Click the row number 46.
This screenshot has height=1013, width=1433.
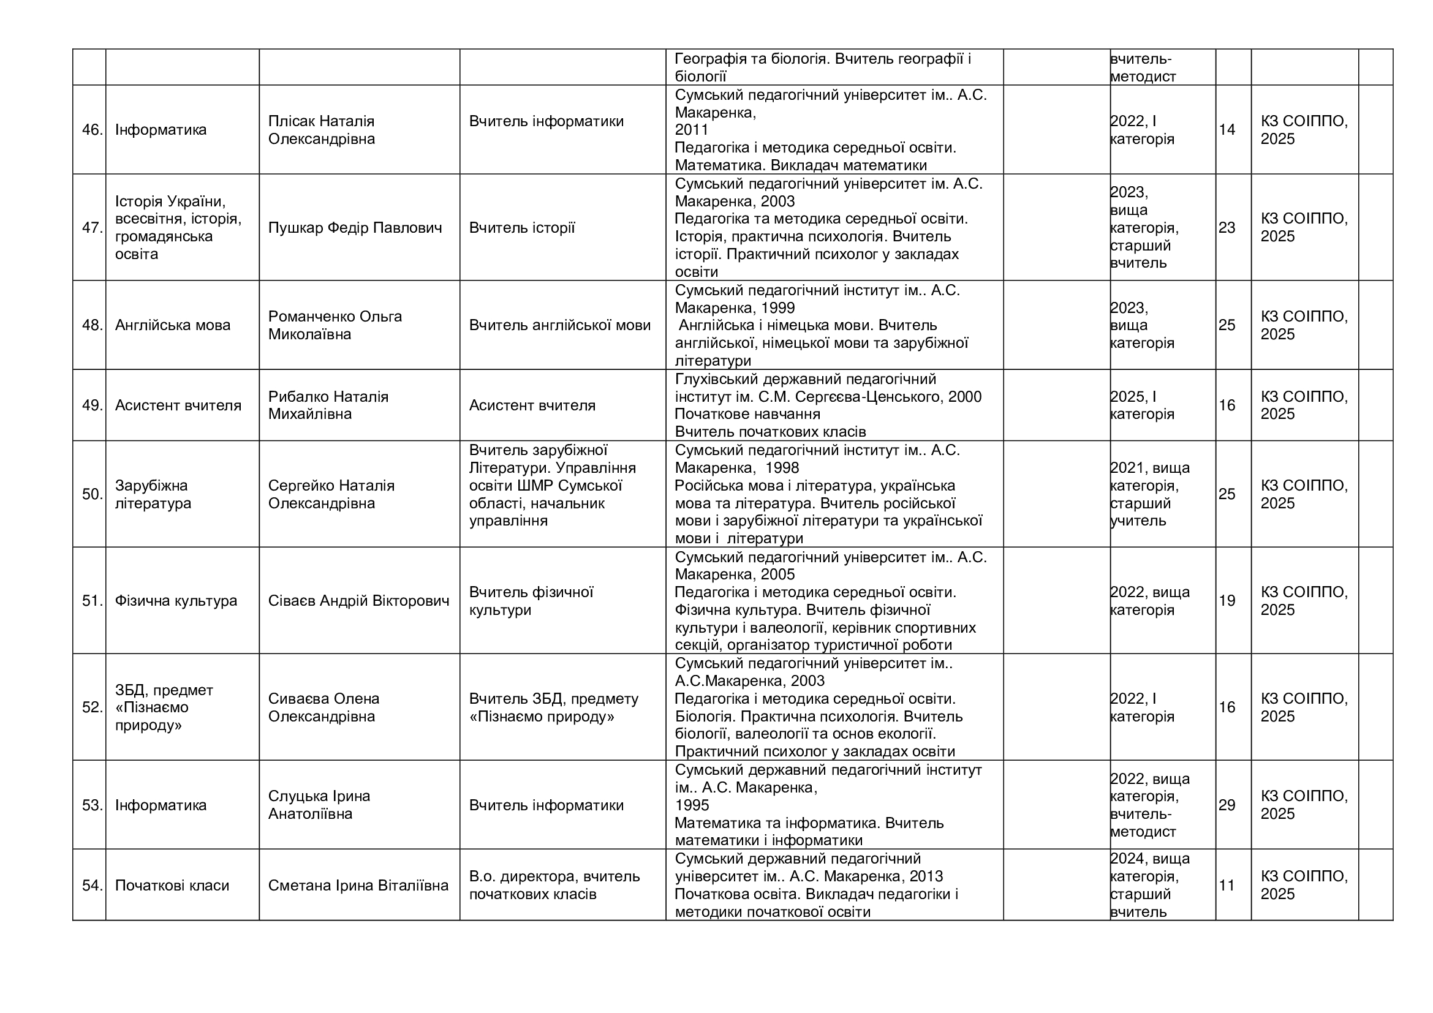point(92,130)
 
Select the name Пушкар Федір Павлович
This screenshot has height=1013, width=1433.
point(355,228)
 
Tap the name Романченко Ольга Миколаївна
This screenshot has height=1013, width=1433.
point(335,325)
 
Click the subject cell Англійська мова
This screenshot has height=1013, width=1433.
point(172,325)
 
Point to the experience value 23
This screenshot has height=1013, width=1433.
point(1227,228)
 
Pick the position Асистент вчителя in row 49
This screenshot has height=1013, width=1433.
point(532,405)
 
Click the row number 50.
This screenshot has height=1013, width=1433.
point(92,494)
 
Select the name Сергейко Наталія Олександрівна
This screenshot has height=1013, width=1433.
point(331,494)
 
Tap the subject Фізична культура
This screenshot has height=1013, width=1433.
point(176,601)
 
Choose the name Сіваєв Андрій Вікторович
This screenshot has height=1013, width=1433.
point(358,601)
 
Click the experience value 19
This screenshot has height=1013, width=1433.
point(1227,601)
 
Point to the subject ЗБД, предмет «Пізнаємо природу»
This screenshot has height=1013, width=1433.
point(164,707)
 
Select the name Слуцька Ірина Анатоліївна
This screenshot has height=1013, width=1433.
point(319,805)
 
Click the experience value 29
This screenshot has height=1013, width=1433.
point(1227,805)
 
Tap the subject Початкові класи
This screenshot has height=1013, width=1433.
point(172,885)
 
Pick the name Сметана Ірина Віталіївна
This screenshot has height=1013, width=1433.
point(358,885)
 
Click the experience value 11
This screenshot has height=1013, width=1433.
point(1227,885)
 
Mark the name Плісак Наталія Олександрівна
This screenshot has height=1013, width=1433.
point(322,130)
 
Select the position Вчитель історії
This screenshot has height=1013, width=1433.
point(522,228)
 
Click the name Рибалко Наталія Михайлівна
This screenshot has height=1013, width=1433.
point(328,405)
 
